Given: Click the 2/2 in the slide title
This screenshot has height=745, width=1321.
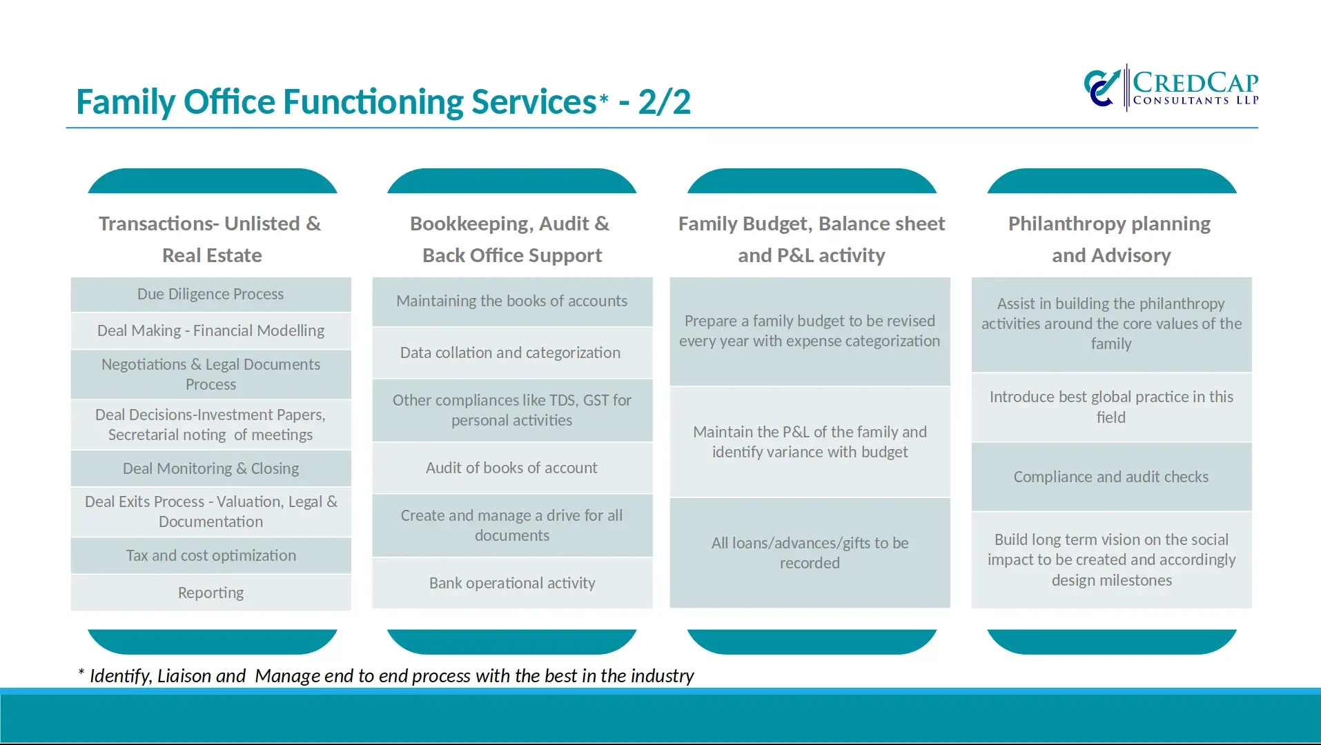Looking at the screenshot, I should coord(664,102).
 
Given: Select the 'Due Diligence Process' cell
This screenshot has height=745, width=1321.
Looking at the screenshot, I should coord(211,295).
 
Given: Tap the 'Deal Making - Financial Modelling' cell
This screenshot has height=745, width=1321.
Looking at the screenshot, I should coord(211,331).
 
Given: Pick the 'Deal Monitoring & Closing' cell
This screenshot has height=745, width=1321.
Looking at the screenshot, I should coord(211,469).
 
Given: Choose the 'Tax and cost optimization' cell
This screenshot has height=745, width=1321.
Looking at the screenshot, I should coord(211,556).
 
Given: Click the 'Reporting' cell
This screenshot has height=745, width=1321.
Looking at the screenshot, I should coord(211,593).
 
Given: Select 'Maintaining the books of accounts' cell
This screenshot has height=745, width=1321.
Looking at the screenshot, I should coord(511,301).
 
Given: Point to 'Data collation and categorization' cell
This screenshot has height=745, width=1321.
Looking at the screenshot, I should coord(511,353).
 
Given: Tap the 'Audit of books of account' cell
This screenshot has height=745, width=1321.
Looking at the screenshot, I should coord(511,468).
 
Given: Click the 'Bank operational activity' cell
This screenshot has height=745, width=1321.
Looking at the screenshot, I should coord(511,584).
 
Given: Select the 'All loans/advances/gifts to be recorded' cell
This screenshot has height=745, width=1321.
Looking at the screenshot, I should coord(810,553).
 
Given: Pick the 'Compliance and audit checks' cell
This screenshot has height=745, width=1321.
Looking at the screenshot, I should coord(1110,477).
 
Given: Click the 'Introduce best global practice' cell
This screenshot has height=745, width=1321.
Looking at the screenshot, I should coord(1110,407).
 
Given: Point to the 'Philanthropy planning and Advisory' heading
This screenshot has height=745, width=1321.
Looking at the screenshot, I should coord(1110,239).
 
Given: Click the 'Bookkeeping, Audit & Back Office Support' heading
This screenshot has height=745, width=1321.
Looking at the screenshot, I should coord(511,239).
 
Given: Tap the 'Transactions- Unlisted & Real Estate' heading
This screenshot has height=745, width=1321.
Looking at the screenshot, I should coord(211,239).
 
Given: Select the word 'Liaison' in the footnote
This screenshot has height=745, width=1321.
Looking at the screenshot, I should coord(184,676).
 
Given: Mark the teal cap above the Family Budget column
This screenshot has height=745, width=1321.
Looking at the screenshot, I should coord(812,181).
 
